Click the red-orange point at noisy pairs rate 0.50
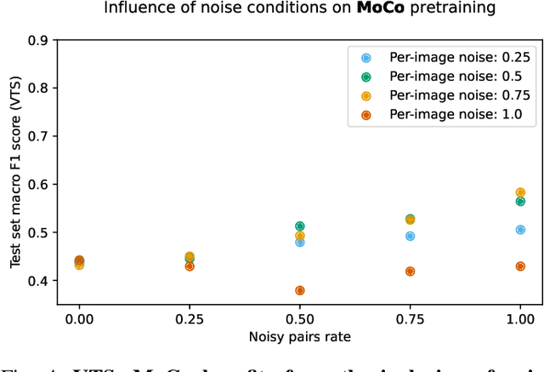(299, 290)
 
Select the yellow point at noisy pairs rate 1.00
(520, 192)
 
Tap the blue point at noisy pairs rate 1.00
(520, 230)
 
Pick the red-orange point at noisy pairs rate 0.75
(410, 272)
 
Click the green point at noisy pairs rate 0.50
(299, 226)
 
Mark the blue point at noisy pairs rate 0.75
(410, 236)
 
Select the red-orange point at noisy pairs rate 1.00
(520, 266)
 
